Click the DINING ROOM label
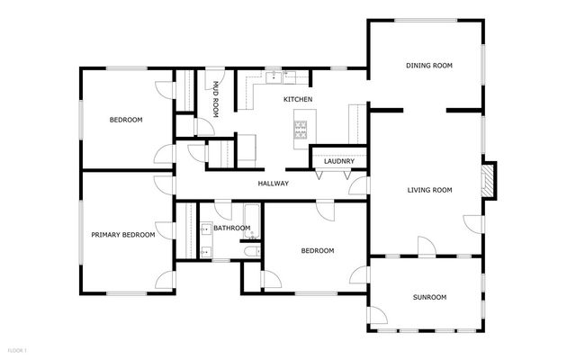(x=428, y=66)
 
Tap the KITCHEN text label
(x=298, y=99)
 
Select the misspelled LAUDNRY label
(x=338, y=162)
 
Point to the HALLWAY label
(x=273, y=184)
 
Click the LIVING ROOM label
(x=429, y=190)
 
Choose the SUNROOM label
(x=429, y=297)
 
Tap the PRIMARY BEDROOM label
(x=122, y=235)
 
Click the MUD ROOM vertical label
(x=216, y=99)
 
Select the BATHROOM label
(x=231, y=229)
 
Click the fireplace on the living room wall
(x=488, y=179)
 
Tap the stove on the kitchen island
(x=301, y=131)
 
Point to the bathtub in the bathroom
(x=253, y=222)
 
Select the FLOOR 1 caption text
(x=17, y=349)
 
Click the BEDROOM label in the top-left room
(x=126, y=120)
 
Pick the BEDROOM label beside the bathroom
(x=318, y=250)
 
